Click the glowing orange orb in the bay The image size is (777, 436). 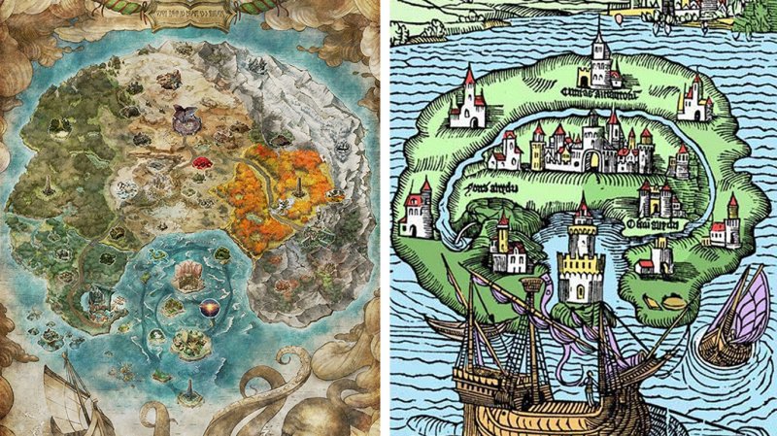click(x=209, y=308)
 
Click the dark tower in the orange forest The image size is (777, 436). click(x=299, y=184)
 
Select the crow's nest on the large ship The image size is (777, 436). click(x=531, y=287)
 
